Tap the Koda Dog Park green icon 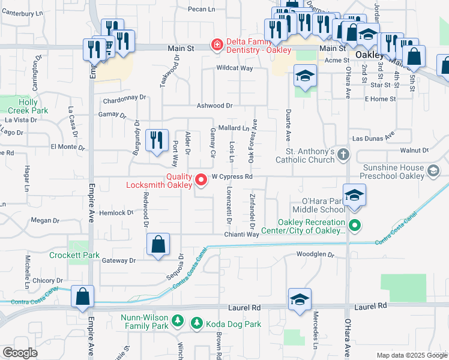(196, 323)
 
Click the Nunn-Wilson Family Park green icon (177, 320)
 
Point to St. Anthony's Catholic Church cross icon (343, 155)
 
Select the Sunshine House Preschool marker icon (432, 172)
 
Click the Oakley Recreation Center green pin (355, 226)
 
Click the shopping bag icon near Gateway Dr (158, 245)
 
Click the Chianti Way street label (242, 235)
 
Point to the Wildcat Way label (234, 68)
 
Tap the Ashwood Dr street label (214, 106)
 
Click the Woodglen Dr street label (315, 254)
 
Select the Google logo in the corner (20, 353)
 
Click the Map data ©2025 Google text (411, 355)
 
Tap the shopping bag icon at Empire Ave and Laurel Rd (83, 296)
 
